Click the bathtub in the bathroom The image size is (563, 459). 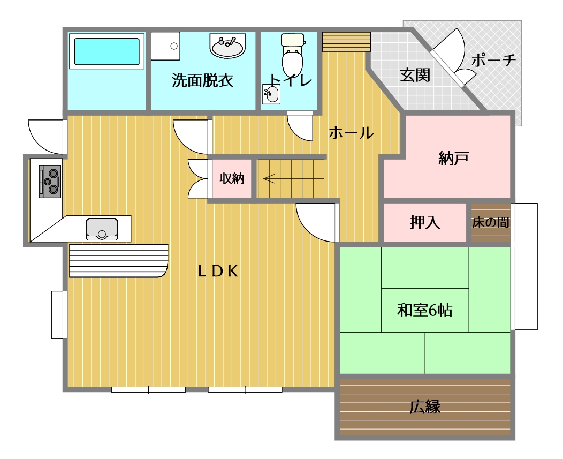[106, 51]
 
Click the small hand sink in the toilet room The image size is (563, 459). [271, 94]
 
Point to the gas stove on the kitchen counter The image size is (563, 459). [50, 182]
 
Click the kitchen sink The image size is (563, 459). [102, 229]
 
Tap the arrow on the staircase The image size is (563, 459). [269, 178]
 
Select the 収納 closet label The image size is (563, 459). [232, 178]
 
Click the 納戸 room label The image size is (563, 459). [453, 158]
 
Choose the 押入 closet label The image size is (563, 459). [425, 222]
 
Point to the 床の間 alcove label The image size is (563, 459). [491, 222]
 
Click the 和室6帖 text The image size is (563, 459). [424, 310]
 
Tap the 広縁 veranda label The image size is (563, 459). [425, 407]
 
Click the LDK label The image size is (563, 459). [218, 272]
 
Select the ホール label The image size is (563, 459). [351, 133]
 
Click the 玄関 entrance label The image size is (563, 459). [415, 76]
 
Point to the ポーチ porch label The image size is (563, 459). [494, 60]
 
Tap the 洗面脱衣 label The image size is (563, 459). [202, 80]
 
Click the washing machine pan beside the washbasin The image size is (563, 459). [165, 46]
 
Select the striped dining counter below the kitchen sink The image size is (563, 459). [118, 261]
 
